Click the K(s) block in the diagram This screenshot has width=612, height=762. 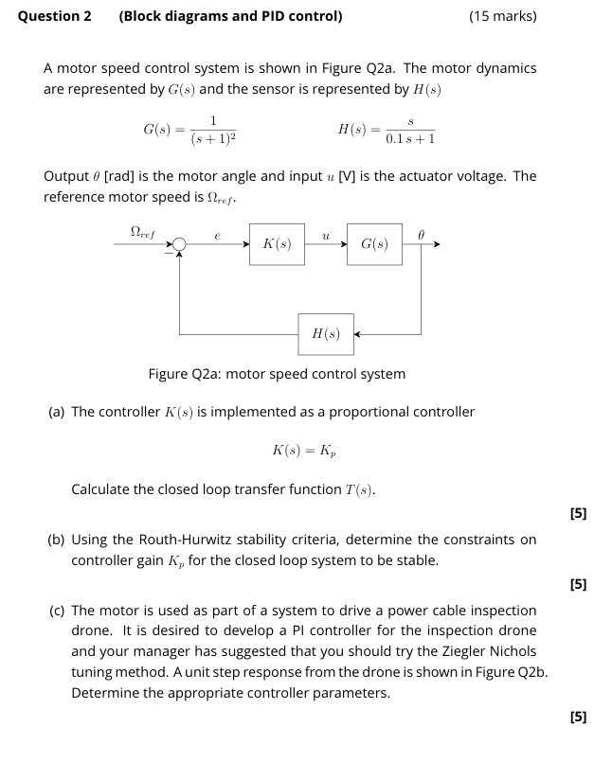(x=277, y=244)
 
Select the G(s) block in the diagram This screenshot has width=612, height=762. (x=375, y=244)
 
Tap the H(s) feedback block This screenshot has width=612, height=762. (x=326, y=333)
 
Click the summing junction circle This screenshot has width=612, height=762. (x=180, y=244)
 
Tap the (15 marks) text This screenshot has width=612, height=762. (x=502, y=16)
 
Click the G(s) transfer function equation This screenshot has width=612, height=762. (x=189, y=129)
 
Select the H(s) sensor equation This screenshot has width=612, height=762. (x=387, y=129)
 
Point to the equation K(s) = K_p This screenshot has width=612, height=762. (x=303, y=450)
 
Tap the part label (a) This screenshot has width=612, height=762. (x=58, y=412)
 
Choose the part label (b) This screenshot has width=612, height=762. (x=58, y=540)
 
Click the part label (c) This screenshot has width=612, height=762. (x=58, y=611)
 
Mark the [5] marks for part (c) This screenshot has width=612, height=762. (x=578, y=717)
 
